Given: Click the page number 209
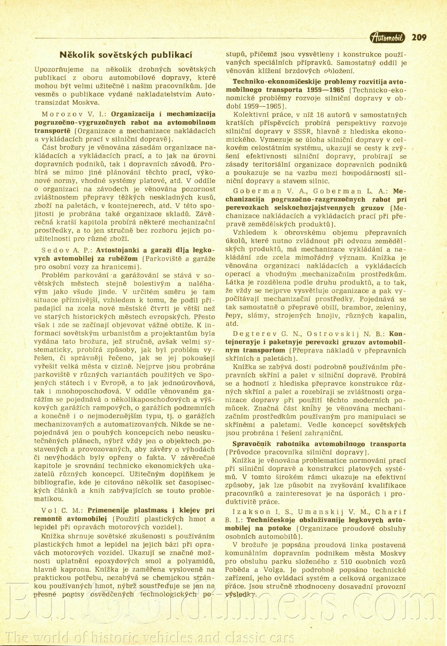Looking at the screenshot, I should coord(419,37).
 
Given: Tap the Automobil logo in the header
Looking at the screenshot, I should coord(388,38).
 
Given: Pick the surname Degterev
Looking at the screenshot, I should coord(255,334).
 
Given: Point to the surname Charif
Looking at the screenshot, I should coord(390,512).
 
